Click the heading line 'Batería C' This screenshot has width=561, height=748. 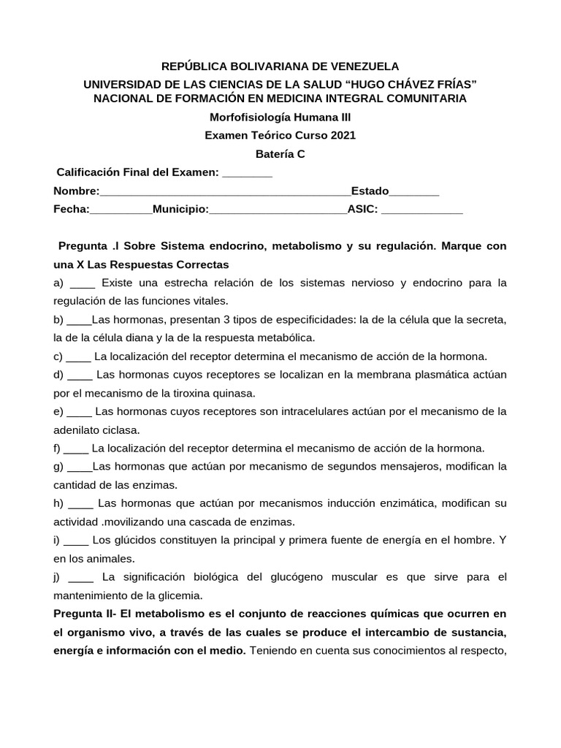tap(280, 154)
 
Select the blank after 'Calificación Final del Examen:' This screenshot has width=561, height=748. tap(247, 173)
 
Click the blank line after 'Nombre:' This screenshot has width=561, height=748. tap(225, 192)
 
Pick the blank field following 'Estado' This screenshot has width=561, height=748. tap(414, 192)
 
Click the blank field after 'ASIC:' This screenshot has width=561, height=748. tap(422, 210)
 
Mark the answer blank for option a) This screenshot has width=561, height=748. tap(85, 283)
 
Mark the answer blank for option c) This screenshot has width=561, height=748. tap(78, 356)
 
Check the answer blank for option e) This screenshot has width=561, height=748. tap(80, 411)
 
